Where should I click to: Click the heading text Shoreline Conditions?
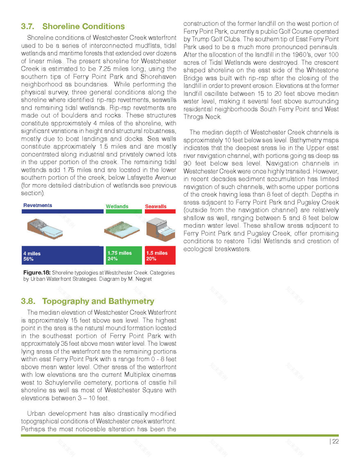click(83, 27)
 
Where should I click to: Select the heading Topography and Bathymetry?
click(98, 302)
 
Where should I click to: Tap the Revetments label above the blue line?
click(38, 205)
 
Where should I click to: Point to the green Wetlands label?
click(117, 207)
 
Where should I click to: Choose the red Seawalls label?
click(156, 207)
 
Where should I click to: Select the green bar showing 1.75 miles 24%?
click(124, 256)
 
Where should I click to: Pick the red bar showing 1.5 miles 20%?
click(160, 256)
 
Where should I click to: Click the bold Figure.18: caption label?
click(37, 272)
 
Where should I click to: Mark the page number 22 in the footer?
click(335, 441)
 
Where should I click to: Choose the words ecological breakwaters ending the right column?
click(217, 249)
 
